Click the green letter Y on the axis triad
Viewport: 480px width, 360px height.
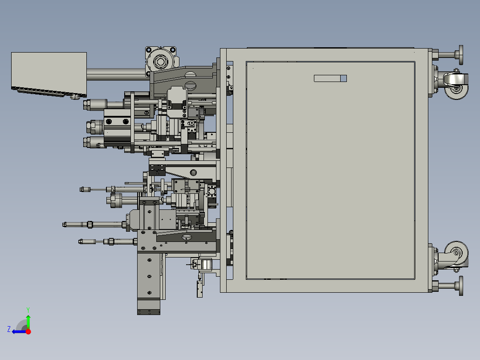point(28,310)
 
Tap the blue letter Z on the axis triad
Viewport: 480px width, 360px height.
point(9,329)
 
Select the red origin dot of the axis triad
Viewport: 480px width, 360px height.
point(28,331)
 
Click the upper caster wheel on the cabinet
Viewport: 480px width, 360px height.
point(456,89)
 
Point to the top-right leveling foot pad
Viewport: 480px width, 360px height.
point(461,55)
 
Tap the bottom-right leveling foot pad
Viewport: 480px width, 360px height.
point(461,286)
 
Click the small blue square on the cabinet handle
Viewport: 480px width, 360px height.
point(343,78)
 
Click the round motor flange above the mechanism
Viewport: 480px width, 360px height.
point(160,61)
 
